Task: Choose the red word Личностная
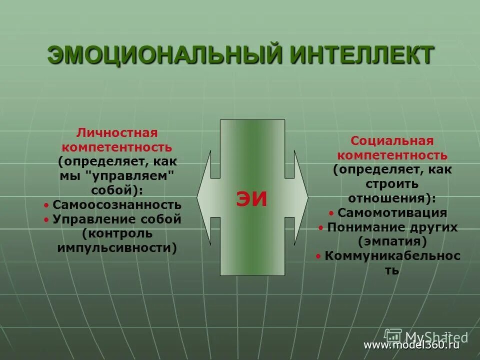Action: click(x=117, y=133)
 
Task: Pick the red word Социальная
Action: click(x=392, y=141)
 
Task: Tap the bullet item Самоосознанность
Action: click(x=117, y=205)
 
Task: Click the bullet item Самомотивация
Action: click(x=392, y=212)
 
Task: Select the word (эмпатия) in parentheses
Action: click(x=392, y=241)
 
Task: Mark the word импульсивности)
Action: click(x=117, y=248)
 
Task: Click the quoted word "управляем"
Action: click(x=134, y=176)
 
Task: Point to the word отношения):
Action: click(x=392, y=198)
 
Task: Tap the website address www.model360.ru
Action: click(x=411, y=344)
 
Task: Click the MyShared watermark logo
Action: click(x=425, y=335)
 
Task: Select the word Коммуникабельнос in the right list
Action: click(x=392, y=256)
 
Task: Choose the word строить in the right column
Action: click(x=392, y=183)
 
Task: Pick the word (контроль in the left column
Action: click(x=117, y=233)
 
